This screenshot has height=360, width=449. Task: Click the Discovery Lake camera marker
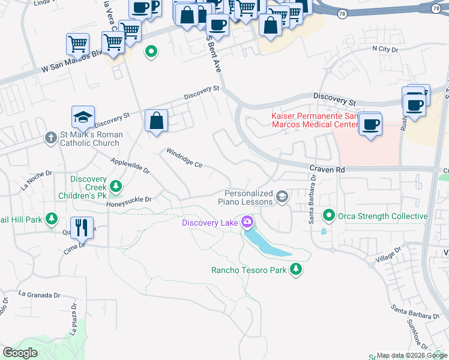point(247,223)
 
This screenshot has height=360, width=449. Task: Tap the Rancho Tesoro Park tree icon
point(295,270)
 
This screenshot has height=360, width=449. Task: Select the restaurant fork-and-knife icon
point(82,227)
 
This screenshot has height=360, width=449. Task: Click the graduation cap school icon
point(83,116)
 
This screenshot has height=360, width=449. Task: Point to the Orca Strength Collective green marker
point(329,215)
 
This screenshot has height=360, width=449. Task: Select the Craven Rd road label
point(327,170)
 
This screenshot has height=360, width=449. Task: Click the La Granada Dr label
point(40,295)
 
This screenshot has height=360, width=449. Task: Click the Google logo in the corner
point(20,353)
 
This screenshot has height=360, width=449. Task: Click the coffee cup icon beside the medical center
point(370,124)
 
